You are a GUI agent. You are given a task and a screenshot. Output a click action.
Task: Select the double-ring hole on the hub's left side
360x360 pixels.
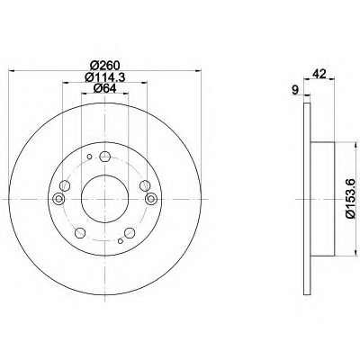(x=60, y=199)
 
